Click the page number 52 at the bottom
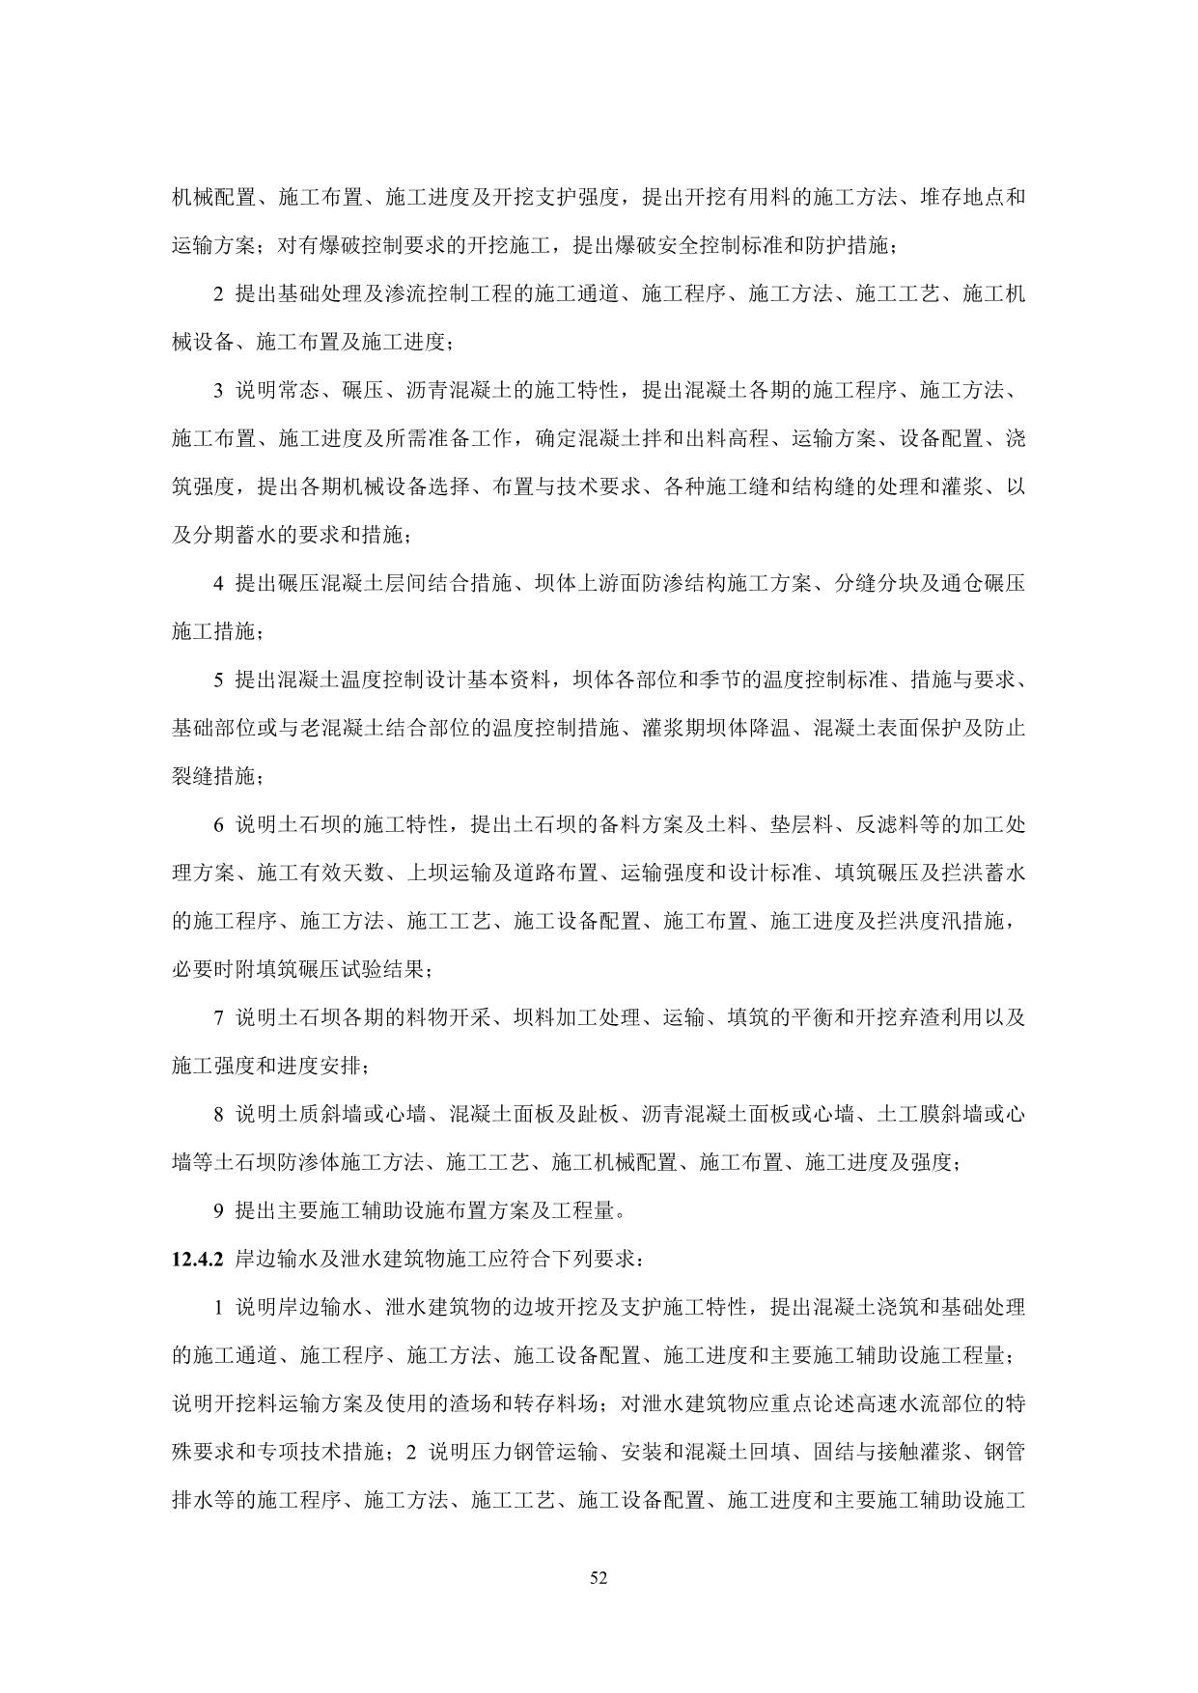click(599, 1578)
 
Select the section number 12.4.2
click(197, 1259)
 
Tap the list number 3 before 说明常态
click(219, 391)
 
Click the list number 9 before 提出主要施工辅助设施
click(219, 1210)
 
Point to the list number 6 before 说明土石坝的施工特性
click(219, 825)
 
